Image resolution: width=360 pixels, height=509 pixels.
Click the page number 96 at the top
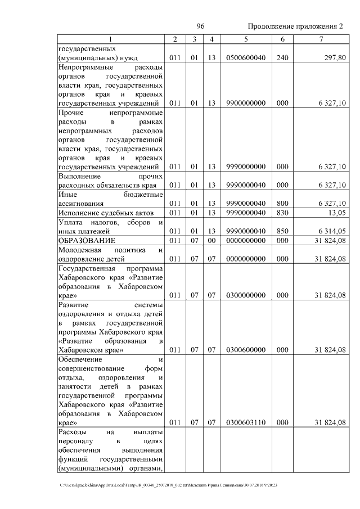tap(200, 26)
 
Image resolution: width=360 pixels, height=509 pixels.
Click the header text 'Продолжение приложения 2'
tap(295, 26)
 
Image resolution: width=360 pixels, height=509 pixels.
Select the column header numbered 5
tap(246, 39)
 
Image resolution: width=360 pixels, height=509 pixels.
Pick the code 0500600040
tap(246, 57)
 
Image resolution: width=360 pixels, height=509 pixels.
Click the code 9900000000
tap(246, 103)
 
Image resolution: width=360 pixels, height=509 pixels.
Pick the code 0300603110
tap(246, 422)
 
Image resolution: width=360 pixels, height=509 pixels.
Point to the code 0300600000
tap(246, 350)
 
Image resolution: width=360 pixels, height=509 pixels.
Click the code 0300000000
tap(246, 295)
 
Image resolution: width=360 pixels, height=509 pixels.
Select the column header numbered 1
tap(111, 39)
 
